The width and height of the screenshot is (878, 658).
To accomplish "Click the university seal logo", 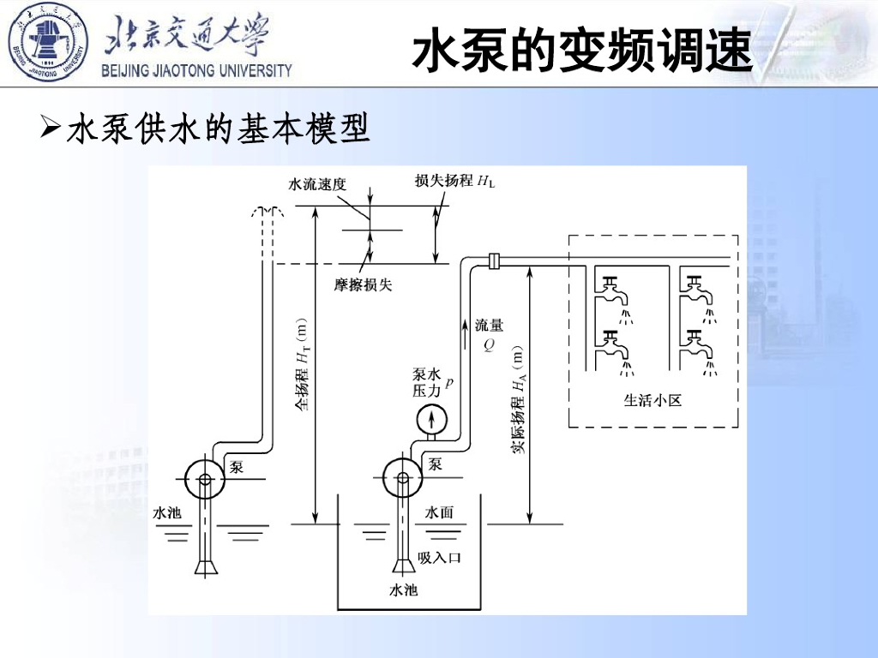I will [x=48, y=43].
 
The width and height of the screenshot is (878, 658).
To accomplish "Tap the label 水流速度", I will [x=317, y=184].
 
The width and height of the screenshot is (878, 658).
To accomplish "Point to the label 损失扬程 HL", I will [x=454, y=181].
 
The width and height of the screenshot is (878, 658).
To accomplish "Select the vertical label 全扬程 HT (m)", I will [x=303, y=365].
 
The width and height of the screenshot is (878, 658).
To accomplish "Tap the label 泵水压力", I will [x=427, y=382].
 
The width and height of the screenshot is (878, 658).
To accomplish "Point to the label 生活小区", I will [x=652, y=399].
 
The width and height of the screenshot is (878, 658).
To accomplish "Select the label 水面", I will [x=439, y=512].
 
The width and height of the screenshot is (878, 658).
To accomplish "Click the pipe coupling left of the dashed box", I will [x=494, y=260].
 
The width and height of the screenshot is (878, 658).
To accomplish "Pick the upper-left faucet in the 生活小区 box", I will [x=612, y=288].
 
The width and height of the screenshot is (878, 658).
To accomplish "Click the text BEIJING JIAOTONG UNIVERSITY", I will [x=197, y=71].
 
